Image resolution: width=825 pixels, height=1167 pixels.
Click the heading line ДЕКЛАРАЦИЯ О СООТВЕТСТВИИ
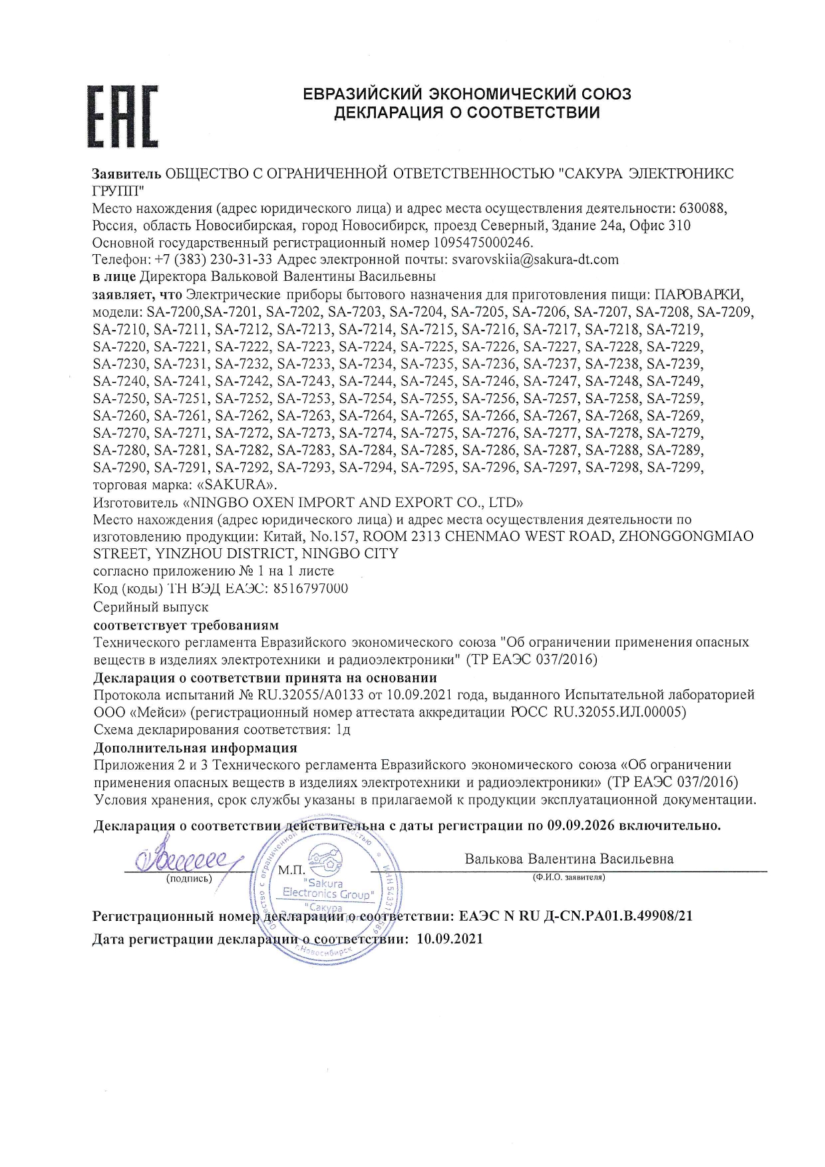(466, 112)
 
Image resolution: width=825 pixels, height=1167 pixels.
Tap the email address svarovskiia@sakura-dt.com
(535, 259)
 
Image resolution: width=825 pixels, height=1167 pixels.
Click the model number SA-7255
(428, 399)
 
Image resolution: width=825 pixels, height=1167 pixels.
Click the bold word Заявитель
(126, 174)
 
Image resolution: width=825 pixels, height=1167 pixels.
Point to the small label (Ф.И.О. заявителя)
(568, 878)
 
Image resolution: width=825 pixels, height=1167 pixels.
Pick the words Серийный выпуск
(151, 607)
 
